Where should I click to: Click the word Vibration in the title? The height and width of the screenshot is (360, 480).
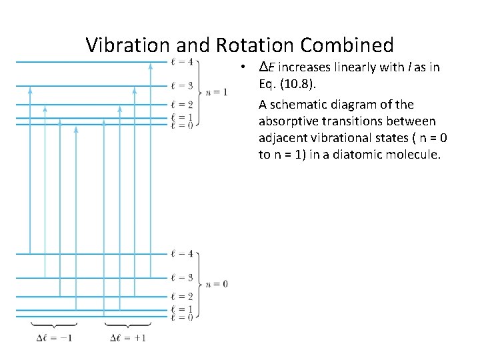[x=129, y=45]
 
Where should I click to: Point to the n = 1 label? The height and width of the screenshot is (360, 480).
[x=217, y=92]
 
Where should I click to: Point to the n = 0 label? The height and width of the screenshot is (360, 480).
[x=217, y=284]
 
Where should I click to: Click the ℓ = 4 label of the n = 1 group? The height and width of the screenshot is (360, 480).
[x=181, y=63]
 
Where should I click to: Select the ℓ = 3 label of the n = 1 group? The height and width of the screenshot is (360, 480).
[x=181, y=86]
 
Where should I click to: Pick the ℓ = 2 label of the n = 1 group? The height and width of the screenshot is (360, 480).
[x=181, y=105]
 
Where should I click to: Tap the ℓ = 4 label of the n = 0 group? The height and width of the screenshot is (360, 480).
[x=181, y=254]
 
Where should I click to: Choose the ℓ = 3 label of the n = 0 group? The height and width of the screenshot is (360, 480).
[x=181, y=277]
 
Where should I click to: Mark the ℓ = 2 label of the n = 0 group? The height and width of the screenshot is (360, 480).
[x=181, y=296]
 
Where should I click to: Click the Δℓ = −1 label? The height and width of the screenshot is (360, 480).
[x=54, y=338]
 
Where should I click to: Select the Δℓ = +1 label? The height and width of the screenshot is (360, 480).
[x=127, y=338]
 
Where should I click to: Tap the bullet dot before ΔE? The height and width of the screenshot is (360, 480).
[x=245, y=68]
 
